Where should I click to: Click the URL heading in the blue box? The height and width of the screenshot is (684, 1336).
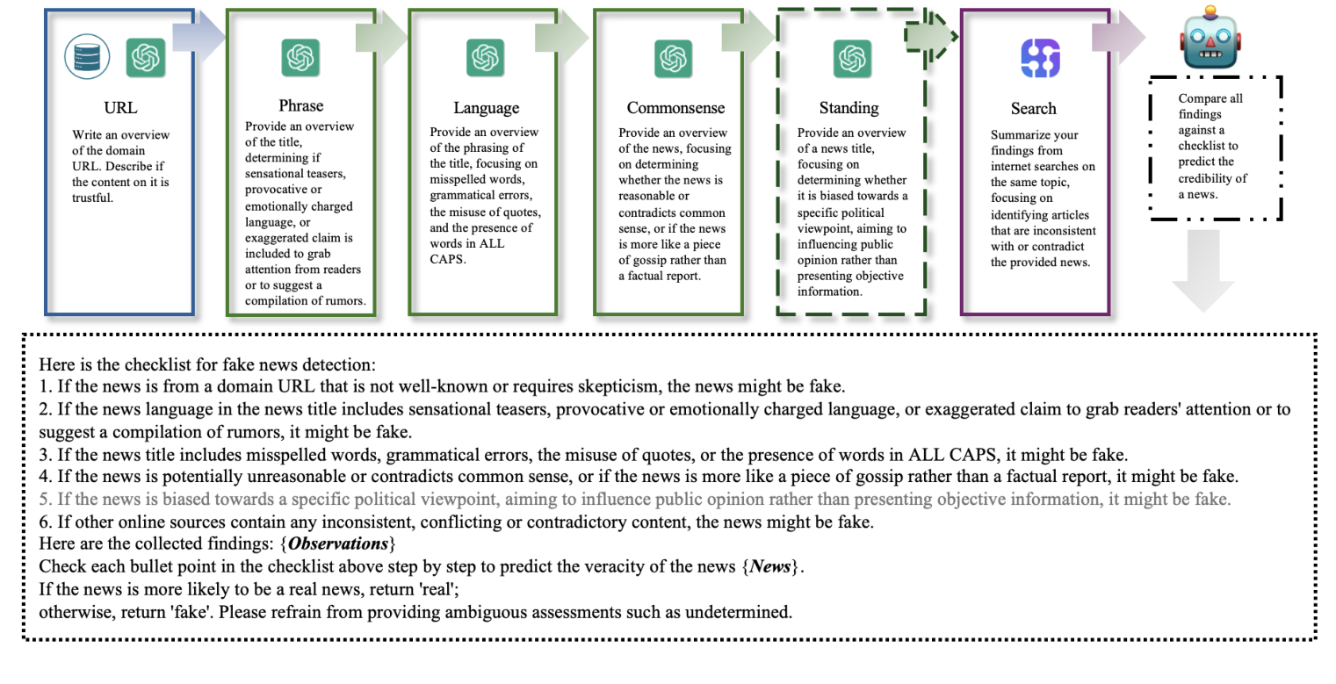[x=120, y=108]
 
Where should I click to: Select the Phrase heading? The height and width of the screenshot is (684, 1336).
[x=300, y=105]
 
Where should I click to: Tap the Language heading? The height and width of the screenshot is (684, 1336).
[x=486, y=108]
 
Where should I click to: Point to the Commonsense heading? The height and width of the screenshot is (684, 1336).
[x=675, y=108]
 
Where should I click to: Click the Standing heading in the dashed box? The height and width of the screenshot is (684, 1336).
[x=849, y=108]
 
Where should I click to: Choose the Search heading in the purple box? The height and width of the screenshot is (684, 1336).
[x=1033, y=109]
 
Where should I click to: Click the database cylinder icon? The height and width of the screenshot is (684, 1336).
[x=87, y=57]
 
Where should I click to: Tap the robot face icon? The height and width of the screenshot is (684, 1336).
[x=1210, y=39]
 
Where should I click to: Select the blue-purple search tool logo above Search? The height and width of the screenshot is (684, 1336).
[x=1040, y=59]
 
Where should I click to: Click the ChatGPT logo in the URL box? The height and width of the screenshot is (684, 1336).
[x=145, y=58]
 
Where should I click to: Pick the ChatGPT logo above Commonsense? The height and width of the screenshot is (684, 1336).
[x=673, y=59]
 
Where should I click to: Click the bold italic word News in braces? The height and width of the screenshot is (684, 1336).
[x=770, y=566]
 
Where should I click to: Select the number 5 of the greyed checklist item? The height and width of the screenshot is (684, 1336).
[x=44, y=500]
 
